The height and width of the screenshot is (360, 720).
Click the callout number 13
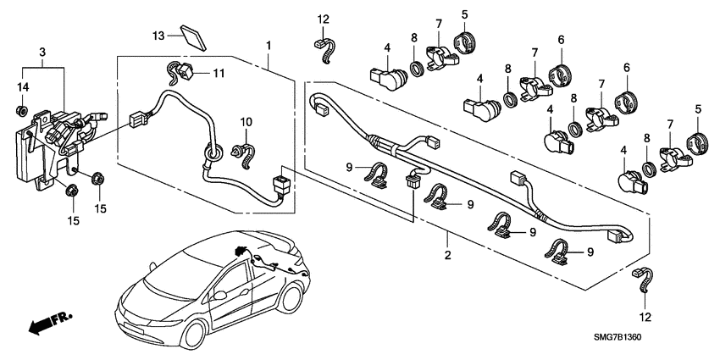pyautogui.click(x=159, y=35)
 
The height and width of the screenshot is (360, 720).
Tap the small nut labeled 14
pyautogui.click(x=23, y=109)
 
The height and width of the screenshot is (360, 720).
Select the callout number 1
pyautogui.click(x=269, y=42)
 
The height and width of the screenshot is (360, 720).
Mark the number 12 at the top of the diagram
pyautogui.click(x=323, y=19)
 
